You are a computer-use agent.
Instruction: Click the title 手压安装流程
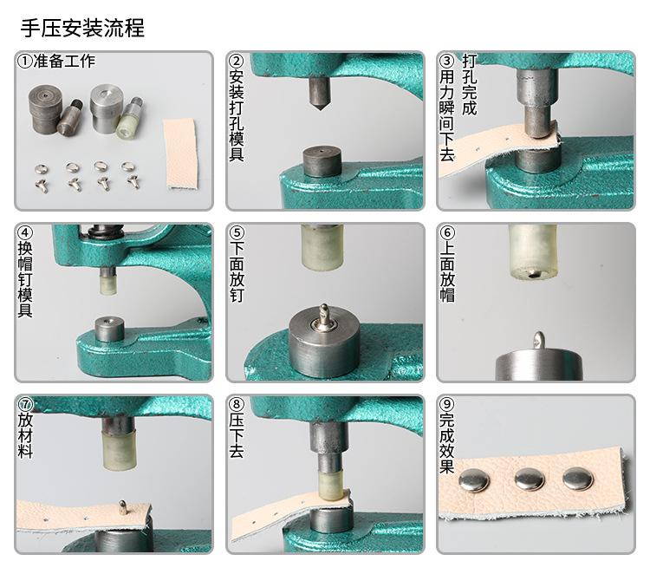coord(82,29)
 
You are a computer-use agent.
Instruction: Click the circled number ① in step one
coord(25,62)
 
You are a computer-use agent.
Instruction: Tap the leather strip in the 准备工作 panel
coord(181,153)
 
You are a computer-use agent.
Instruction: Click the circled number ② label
coord(237,61)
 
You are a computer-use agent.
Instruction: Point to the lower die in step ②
coord(322,162)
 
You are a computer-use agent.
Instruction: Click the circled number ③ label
coord(447,61)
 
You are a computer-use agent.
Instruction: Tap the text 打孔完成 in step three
coord(469,85)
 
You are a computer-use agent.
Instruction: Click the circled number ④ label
coord(25,232)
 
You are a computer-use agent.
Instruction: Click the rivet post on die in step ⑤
coord(324,316)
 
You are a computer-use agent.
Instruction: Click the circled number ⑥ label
coord(447,232)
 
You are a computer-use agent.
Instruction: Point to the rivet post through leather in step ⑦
coord(123,507)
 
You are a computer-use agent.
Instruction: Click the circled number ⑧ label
coord(237,404)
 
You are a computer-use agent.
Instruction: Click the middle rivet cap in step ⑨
coord(530,479)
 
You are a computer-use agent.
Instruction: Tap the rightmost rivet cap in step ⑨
coord(577,479)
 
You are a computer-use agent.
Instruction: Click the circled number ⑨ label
coord(447,404)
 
